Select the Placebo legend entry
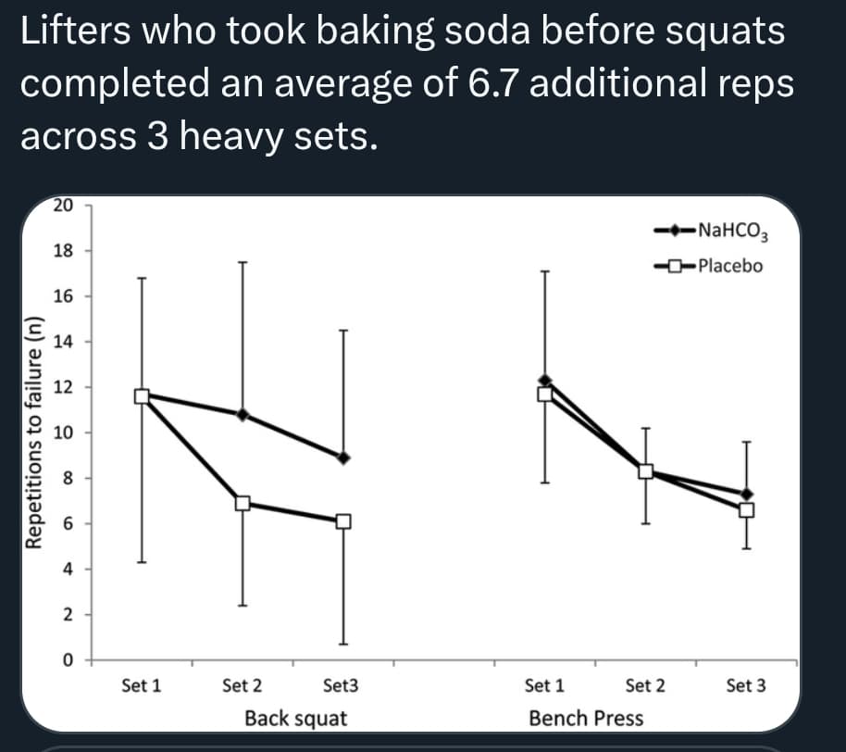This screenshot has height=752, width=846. click(x=711, y=267)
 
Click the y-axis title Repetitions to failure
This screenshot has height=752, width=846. click(x=35, y=432)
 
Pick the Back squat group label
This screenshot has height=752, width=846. click(x=296, y=718)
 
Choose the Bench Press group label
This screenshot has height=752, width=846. click(x=586, y=718)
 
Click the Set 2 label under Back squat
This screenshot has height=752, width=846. click(x=243, y=686)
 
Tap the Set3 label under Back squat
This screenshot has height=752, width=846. click(x=341, y=686)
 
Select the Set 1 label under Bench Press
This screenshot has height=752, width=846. click(x=544, y=686)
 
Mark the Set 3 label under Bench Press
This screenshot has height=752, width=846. click(x=746, y=686)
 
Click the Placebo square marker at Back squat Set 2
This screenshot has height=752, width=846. click(x=243, y=503)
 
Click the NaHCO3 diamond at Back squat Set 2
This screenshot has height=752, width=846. click(x=243, y=414)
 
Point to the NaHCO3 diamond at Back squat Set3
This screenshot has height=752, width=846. click(x=343, y=457)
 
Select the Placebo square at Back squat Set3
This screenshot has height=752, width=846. click(x=343, y=521)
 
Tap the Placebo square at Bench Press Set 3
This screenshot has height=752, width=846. click(x=746, y=509)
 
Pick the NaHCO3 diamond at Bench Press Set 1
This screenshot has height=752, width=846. click(x=545, y=380)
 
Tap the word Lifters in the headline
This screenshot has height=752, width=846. click(x=76, y=31)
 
